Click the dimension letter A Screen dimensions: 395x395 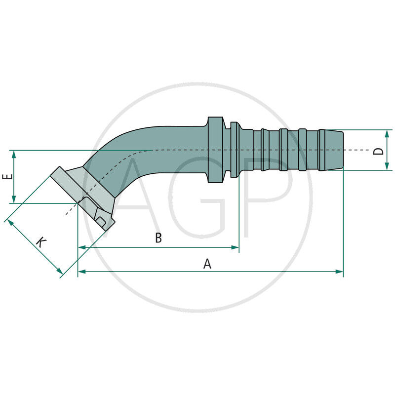(x=207, y=264)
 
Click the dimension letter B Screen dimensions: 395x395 (x=158, y=238)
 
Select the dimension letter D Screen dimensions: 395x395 (x=378, y=150)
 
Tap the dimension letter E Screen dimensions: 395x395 (x=6, y=177)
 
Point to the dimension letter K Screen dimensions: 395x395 (x=41, y=242)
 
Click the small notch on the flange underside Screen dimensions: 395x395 (x=101, y=221)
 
